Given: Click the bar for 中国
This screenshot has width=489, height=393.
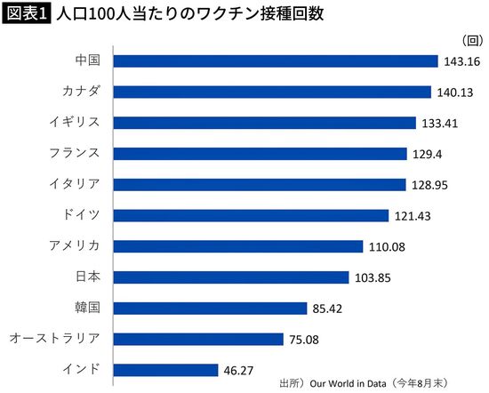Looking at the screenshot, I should [x=277, y=61].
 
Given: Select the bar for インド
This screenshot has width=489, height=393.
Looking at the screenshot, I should [x=166, y=369].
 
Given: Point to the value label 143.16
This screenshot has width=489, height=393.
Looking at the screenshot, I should [x=461, y=61].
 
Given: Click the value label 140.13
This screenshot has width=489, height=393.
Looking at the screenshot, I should [x=454, y=92].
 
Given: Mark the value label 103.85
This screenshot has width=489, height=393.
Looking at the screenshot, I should [x=374, y=277].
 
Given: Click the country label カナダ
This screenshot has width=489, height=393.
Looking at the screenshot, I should [x=81, y=92].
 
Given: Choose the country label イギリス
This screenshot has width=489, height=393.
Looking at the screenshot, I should [x=75, y=123].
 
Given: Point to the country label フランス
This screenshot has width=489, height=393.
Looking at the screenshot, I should [x=75, y=154].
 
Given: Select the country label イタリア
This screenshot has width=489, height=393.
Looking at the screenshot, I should [x=75, y=184].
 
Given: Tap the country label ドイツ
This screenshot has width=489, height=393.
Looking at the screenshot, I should [x=81, y=215].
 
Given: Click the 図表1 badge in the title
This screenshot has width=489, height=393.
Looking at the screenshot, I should [x=24, y=14].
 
